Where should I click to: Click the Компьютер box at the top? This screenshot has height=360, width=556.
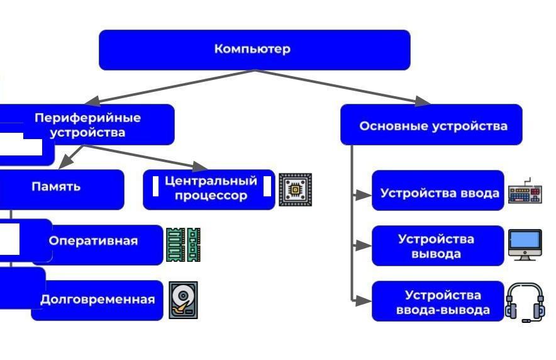pyautogui.click(x=254, y=49)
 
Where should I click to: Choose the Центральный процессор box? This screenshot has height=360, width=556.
pyautogui.click(x=209, y=188)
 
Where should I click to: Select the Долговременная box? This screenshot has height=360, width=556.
pyautogui.click(x=97, y=300)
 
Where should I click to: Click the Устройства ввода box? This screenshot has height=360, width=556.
pyautogui.click(x=438, y=192)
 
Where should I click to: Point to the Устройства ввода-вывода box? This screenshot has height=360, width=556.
pyautogui.click(x=438, y=301)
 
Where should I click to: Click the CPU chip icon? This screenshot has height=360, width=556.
pyautogui.click(x=295, y=189)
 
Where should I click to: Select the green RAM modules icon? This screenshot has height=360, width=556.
pyautogui.click(x=183, y=244)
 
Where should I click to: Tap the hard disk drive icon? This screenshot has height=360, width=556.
pyautogui.click(x=183, y=300)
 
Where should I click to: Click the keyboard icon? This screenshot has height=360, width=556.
pyautogui.click(x=525, y=192)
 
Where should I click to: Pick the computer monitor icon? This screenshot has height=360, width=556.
pyautogui.click(x=525, y=245)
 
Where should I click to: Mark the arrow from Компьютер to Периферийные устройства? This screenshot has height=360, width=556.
pyautogui.click(x=170, y=87)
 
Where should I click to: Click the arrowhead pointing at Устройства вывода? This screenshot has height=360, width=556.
pyautogui.click(x=364, y=246)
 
